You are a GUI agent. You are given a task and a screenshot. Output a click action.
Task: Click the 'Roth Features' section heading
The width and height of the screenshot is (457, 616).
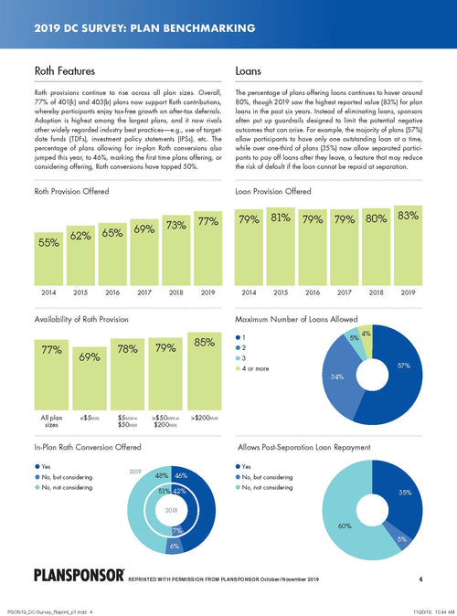coord(58,69)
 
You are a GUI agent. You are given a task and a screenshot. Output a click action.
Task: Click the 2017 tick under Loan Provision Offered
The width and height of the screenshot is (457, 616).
coord(344,293)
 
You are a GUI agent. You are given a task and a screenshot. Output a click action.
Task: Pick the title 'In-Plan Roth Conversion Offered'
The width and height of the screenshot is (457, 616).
coord(87,450)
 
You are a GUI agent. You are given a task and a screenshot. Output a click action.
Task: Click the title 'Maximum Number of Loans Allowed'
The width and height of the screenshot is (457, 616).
coord(296,321)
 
